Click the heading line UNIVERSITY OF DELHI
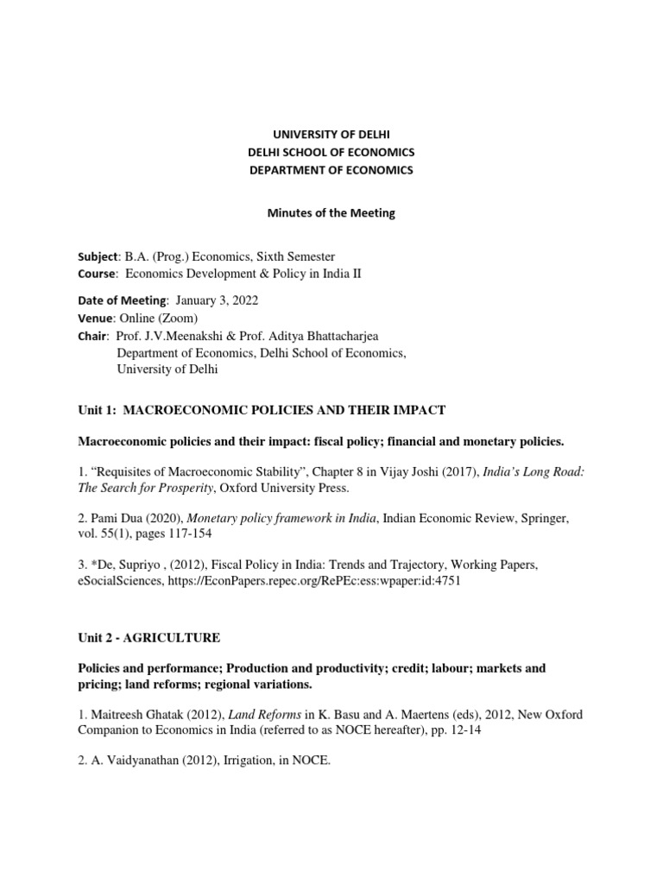point(331,135)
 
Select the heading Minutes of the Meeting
point(331,213)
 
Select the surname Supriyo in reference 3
point(140,565)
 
